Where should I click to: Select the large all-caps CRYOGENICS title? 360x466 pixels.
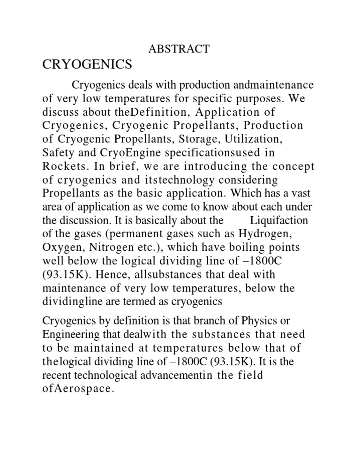tap(87, 65)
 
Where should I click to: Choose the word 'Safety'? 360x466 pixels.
tap(57, 153)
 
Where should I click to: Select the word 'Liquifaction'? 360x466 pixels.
tap(279, 220)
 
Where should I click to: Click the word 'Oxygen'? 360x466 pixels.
tap(60, 247)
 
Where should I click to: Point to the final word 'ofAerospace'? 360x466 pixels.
tap(78, 389)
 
